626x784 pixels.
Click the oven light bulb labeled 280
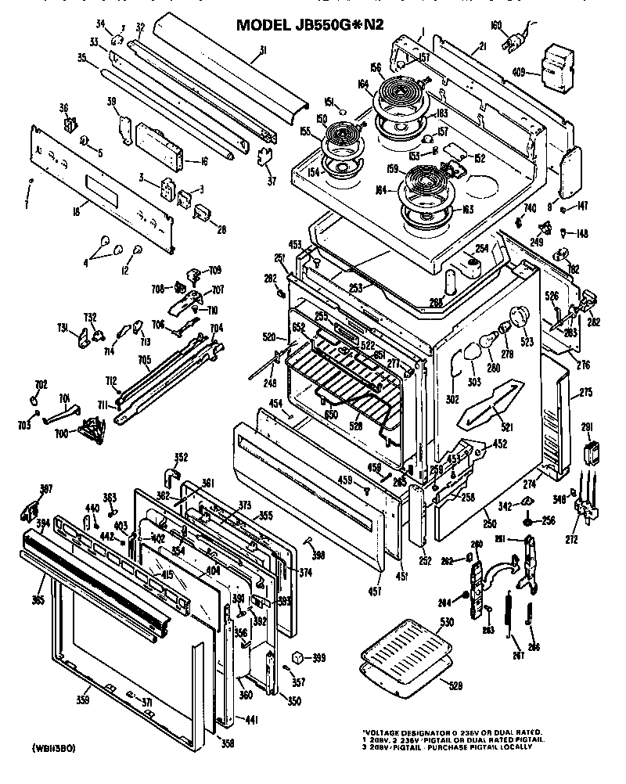coord(475,351)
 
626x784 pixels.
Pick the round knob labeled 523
coord(520,319)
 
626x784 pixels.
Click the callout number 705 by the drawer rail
coord(144,361)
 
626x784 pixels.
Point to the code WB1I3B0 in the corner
coord(54,747)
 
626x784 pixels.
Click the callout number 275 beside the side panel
coord(586,393)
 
